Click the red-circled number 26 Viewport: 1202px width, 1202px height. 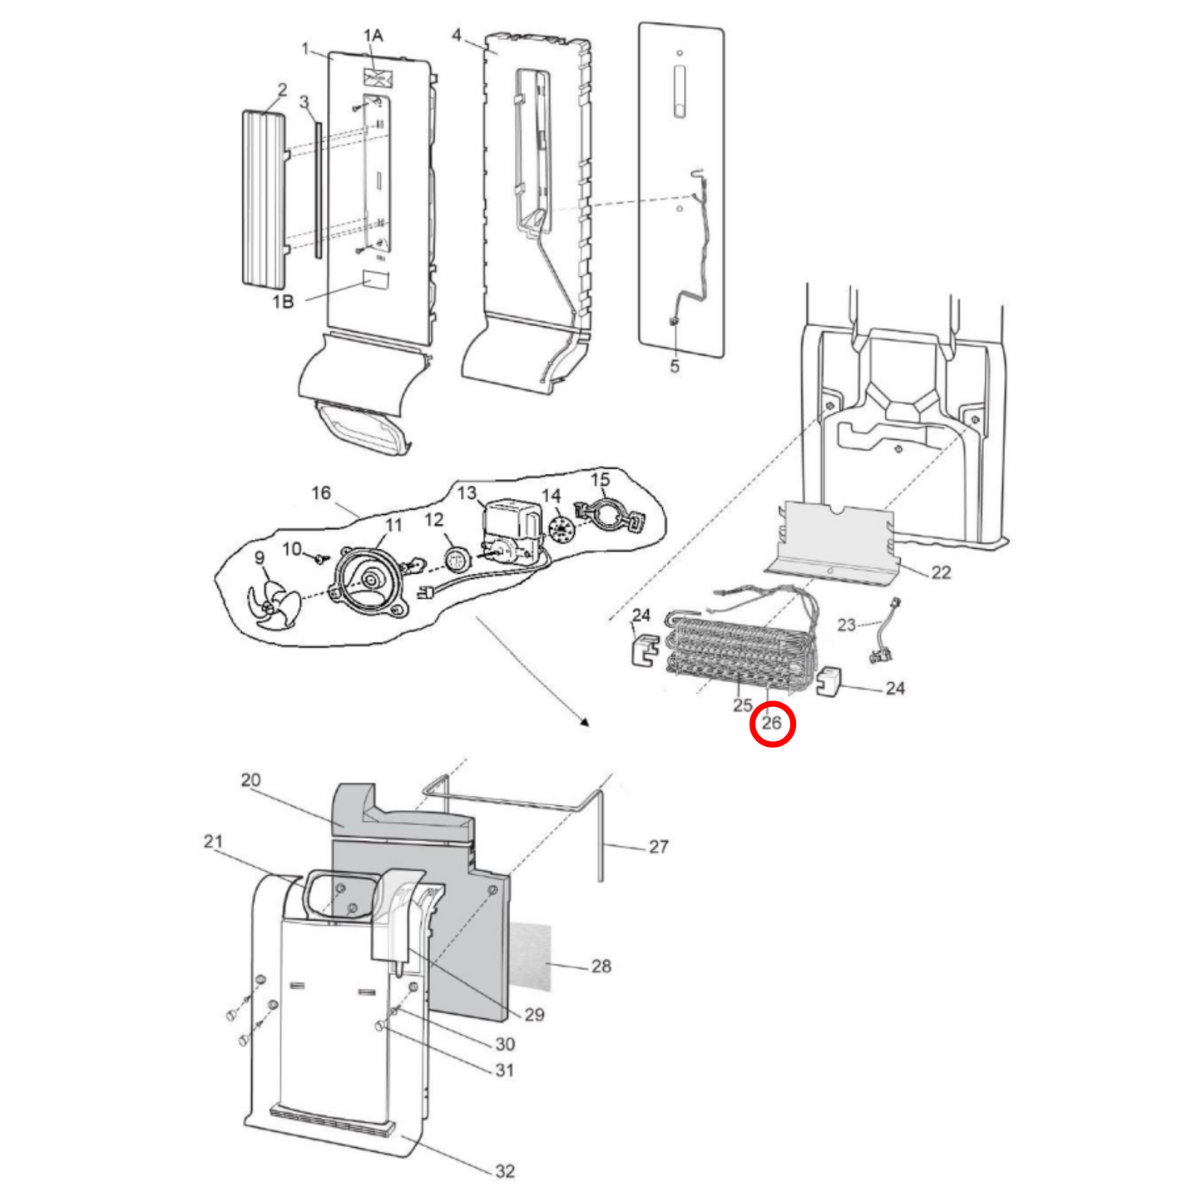click(772, 723)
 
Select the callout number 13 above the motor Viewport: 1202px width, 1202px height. click(467, 493)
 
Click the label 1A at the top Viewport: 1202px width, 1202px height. click(373, 36)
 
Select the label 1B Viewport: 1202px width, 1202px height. click(283, 302)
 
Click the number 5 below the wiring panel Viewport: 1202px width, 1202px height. click(675, 366)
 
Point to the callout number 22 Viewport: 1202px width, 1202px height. click(941, 572)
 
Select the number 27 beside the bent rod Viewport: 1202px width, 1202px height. click(658, 847)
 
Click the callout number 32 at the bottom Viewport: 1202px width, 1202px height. click(504, 1171)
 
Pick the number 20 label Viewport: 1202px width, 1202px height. click(250, 780)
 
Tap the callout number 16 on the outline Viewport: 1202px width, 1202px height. click(321, 493)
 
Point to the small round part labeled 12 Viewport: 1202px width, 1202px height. click(454, 561)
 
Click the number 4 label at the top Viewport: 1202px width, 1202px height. click(457, 35)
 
